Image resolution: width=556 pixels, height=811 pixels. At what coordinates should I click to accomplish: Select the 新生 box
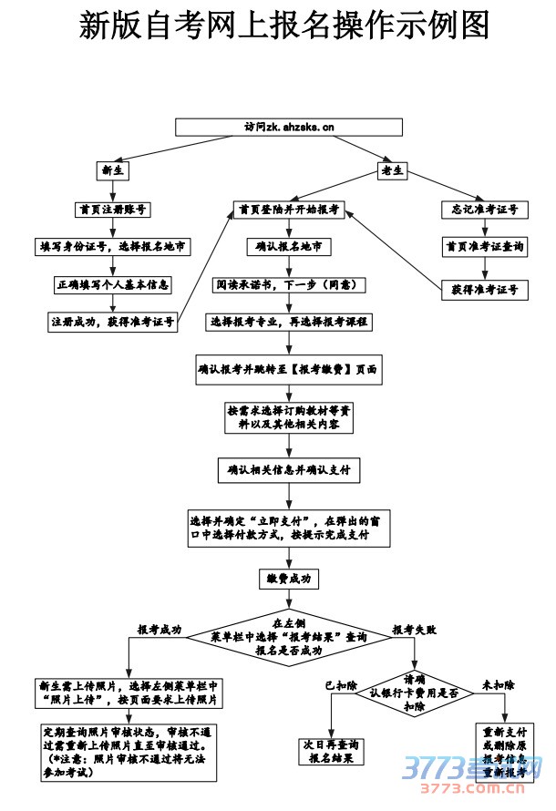114,170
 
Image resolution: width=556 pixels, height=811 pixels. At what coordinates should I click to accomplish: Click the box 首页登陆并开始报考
289,209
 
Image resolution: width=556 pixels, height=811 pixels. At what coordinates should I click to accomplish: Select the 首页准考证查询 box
484,246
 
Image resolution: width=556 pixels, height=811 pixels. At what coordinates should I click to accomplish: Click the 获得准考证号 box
484,289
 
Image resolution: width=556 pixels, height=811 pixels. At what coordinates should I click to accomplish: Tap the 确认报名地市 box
289,246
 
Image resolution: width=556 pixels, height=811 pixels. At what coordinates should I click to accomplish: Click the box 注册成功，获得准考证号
114,322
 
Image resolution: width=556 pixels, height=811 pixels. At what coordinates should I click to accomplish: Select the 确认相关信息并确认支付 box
289,470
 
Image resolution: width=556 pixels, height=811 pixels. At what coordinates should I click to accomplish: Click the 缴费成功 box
289,579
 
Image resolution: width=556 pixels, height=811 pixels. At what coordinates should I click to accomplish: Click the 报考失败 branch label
415,629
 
